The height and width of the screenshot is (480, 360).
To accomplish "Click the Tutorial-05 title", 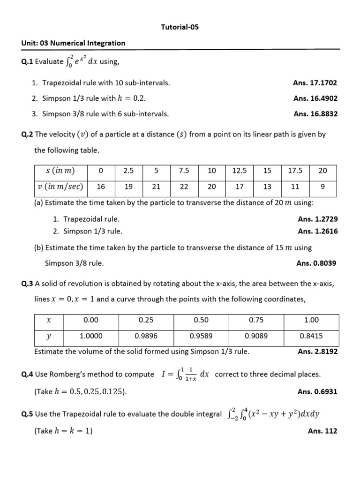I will [x=180, y=27].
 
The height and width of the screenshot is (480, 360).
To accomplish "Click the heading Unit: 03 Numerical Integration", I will [x=73, y=43].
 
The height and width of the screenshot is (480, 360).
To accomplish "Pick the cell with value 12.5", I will [x=240, y=171].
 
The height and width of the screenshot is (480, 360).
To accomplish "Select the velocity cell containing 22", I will [x=184, y=187].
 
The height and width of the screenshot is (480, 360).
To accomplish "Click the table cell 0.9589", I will [x=201, y=336].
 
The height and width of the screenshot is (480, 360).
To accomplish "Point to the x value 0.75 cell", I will [x=256, y=320].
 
